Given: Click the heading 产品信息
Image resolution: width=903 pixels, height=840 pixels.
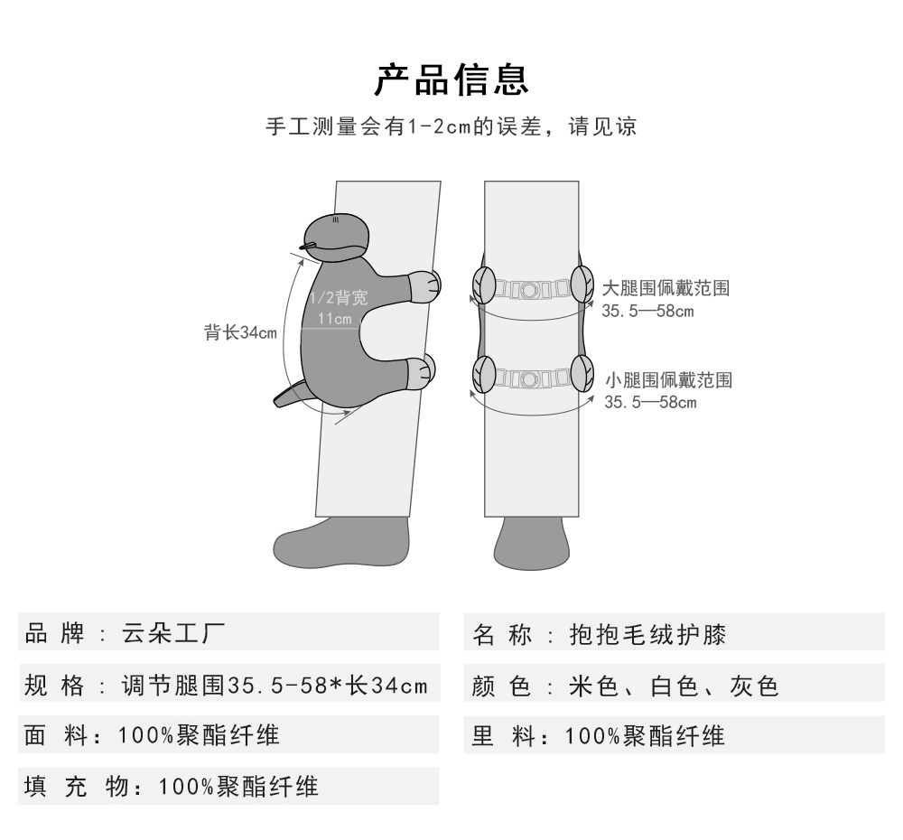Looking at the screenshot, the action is click(451, 79).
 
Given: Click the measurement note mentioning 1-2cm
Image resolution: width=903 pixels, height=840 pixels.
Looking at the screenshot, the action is click(451, 126).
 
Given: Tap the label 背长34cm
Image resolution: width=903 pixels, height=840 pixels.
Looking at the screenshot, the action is click(240, 332).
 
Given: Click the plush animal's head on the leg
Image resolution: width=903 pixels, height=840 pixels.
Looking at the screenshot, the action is click(336, 237).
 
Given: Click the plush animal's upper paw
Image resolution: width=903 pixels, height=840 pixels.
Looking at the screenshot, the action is click(425, 285).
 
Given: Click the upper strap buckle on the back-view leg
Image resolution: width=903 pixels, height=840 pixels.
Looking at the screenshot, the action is click(529, 290).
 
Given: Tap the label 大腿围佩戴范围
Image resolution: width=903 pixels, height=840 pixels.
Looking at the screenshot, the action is click(666, 289).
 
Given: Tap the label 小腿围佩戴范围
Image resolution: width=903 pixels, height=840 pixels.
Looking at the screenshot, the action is click(668, 379).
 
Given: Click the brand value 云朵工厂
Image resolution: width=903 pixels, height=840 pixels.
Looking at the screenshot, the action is click(173, 634).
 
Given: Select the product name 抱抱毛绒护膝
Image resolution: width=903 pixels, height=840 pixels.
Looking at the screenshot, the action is click(647, 634).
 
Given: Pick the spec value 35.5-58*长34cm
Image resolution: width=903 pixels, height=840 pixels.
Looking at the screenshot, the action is click(274, 686).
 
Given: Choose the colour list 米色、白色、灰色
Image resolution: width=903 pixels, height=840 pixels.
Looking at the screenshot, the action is click(674, 686).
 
